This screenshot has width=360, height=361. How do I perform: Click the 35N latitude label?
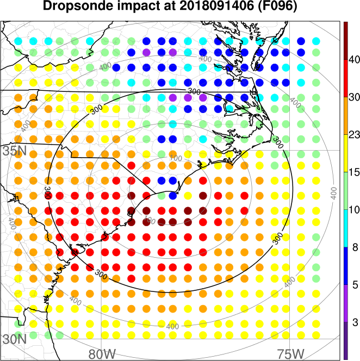15,151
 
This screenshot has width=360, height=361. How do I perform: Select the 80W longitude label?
102,353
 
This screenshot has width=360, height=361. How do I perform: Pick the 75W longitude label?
289,353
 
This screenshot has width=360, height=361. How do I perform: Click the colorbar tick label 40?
355,59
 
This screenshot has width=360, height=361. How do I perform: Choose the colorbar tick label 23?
355,134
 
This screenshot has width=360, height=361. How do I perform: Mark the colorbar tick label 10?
355,209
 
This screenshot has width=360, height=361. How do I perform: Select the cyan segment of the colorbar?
346,228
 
